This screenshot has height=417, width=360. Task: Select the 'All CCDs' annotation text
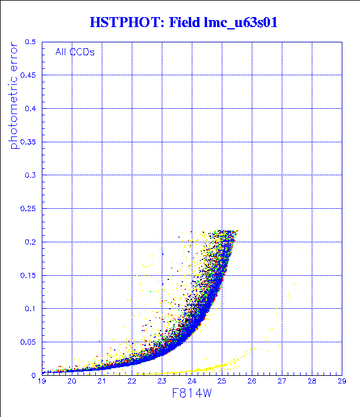pyautogui.click(x=75, y=52)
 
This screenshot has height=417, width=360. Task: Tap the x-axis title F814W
pyautogui.click(x=192, y=393)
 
